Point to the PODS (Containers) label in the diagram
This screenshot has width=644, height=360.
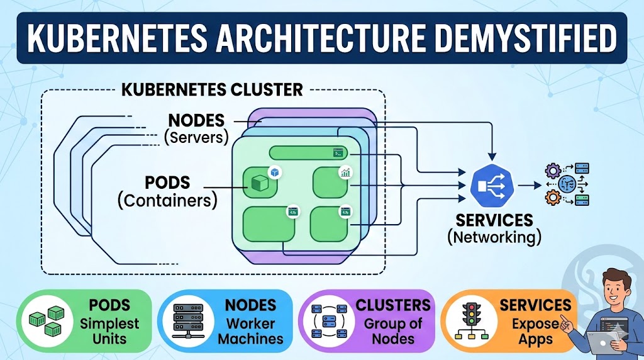click(x=167, y=191)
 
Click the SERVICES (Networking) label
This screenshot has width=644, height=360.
click(x=494, y=228)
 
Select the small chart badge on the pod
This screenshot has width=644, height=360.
click(x=344, y=172)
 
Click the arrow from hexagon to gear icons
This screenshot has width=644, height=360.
click(x=527, y=186)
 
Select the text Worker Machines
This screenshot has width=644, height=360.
click(x=250, y=332)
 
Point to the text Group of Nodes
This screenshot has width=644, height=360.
click(x=393, y=332)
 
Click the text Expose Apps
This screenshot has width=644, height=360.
click(x=535, y=332)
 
